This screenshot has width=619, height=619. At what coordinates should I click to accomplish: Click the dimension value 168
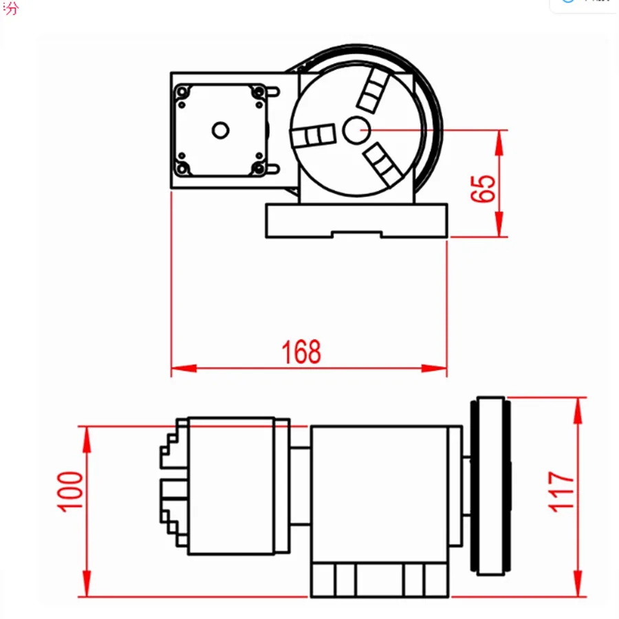301,352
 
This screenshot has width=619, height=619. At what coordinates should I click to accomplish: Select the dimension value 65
484,188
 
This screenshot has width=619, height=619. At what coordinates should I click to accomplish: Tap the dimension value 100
71,490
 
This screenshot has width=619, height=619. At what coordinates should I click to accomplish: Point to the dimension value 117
561,490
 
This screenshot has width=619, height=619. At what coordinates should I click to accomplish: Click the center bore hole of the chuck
356,129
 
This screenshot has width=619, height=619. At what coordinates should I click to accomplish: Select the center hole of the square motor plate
220,129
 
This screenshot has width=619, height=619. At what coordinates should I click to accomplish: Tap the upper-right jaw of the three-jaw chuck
372,90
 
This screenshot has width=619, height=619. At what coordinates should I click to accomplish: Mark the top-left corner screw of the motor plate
182,91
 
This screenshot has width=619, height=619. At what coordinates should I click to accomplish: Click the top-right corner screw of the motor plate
259,91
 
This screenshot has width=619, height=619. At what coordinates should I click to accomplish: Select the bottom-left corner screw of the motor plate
182,168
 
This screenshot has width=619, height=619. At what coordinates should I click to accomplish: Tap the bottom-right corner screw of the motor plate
259,168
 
